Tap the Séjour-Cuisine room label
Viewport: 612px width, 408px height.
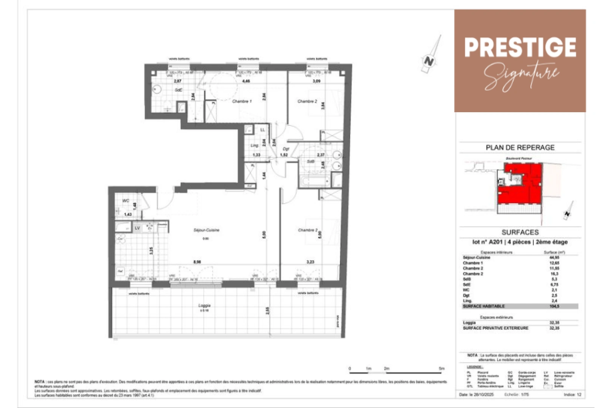tap(206, 230)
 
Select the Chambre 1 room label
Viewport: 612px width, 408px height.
tap(242, 101)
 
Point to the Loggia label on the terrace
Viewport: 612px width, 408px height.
tap(204, 305)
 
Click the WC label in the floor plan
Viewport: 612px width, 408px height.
tap(126, 201)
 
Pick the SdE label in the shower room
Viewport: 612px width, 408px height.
tap(178, 90)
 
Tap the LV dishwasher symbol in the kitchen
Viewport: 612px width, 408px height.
tap(138, 228)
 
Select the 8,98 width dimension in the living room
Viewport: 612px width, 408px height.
tap(197, 262)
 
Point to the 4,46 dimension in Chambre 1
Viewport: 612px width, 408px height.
tap(246, 81)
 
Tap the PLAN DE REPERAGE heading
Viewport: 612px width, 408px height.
tap(520, 148)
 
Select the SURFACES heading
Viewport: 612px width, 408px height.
tap(520, 232)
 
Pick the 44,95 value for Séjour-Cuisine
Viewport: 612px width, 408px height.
tap(554, 258)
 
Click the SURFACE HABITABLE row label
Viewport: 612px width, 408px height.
tap(484, 306)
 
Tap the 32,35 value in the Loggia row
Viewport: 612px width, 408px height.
tap(554, 323)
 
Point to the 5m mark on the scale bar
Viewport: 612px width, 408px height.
tap(441, 368)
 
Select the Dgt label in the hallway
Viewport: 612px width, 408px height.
tap(286, 149)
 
